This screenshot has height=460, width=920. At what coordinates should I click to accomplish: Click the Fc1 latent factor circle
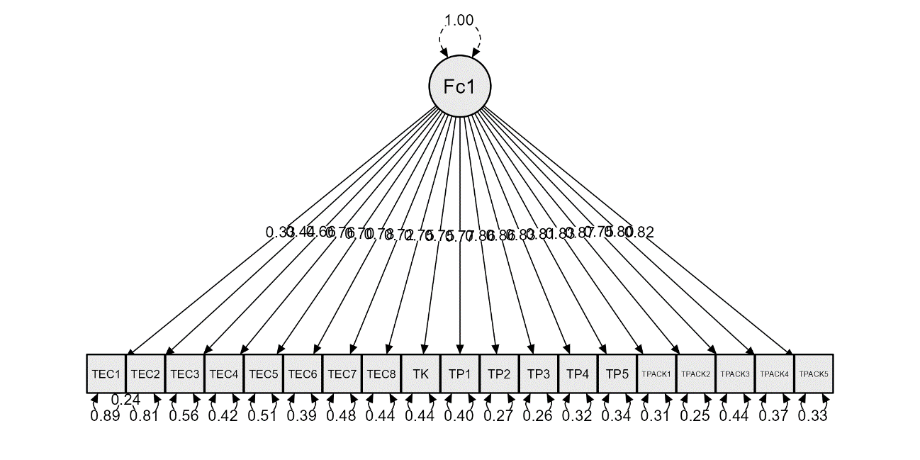459,86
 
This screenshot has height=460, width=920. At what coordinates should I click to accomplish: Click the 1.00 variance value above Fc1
459,20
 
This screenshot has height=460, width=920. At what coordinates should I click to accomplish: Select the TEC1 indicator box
106,374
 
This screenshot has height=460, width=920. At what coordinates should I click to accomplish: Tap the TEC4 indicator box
224,374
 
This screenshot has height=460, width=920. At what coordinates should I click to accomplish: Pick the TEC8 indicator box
381,374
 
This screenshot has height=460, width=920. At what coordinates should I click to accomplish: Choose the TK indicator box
420,374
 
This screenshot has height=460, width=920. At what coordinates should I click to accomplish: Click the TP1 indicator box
459,374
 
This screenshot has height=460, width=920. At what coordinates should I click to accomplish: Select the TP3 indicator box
538,374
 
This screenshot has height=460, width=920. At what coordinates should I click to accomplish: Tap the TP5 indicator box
617,374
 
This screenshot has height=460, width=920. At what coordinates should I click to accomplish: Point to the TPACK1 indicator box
656,374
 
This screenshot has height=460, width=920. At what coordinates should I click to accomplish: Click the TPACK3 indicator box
734,374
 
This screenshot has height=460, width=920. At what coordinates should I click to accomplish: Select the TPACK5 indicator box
813,374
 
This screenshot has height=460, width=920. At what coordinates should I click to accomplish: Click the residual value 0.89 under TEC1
105,416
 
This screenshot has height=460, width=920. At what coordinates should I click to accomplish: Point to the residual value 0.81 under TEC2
144,416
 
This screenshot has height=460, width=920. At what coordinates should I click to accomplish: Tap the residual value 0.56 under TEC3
184,416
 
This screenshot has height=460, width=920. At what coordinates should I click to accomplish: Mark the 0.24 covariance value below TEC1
125,400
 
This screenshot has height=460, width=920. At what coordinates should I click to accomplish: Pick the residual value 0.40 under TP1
459,416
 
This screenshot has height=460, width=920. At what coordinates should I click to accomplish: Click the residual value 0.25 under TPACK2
695,416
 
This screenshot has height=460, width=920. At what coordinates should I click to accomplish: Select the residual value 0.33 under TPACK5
812,416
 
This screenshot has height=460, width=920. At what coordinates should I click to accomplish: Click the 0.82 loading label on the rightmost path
639,232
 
